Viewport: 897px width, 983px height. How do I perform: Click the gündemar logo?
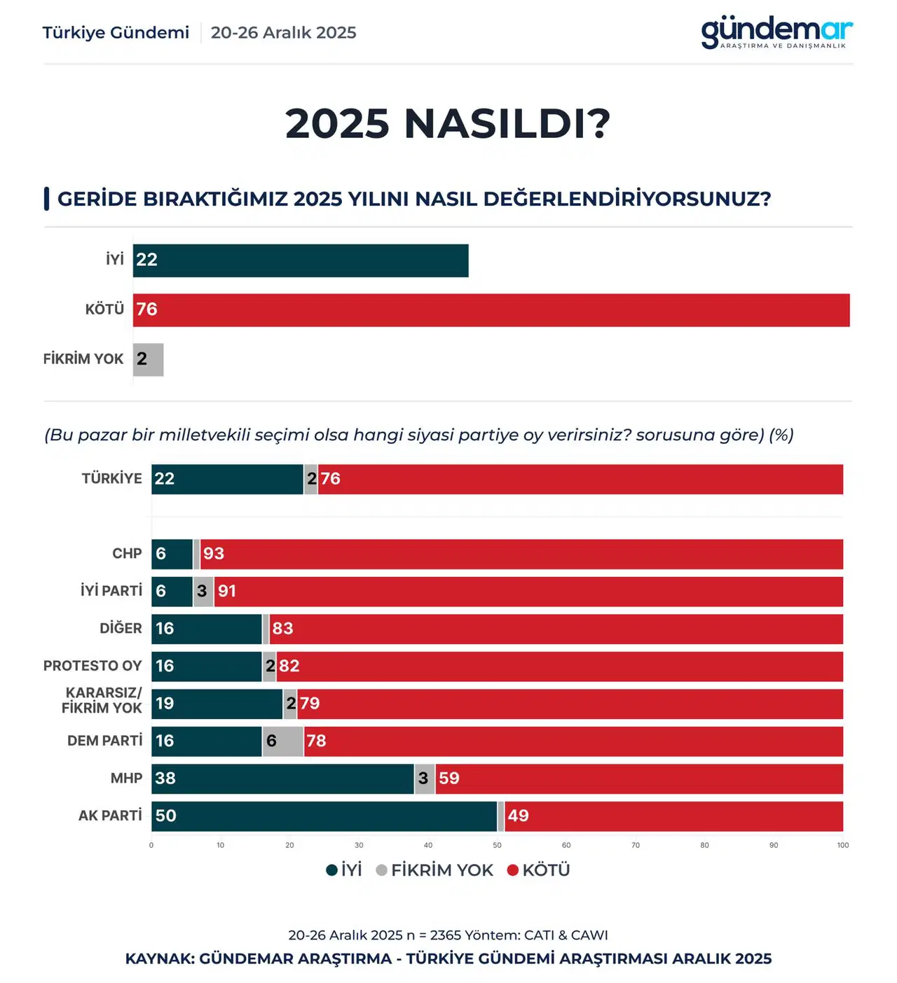776,32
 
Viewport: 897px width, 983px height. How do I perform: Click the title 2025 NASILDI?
448,124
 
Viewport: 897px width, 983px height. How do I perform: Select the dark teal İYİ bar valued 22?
301,260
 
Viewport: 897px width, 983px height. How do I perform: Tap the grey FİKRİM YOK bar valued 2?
148,360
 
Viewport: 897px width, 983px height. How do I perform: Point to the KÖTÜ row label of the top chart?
104,309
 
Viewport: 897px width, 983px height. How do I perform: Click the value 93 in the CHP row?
214,554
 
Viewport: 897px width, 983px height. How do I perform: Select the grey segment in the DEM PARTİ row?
283,741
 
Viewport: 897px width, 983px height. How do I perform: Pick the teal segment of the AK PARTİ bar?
324,816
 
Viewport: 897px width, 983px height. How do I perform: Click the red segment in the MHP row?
638,779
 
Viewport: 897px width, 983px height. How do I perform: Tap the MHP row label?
126,779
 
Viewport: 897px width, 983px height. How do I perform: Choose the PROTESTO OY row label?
93,666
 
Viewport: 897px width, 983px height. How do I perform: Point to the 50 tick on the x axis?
497,845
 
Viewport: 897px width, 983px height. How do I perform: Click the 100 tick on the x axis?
842,845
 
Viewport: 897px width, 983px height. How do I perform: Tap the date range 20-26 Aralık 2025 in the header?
283,33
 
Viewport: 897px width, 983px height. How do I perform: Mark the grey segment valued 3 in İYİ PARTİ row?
203,592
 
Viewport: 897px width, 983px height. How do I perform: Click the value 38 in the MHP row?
165,779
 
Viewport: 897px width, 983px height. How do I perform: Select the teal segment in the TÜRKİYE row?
227,480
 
